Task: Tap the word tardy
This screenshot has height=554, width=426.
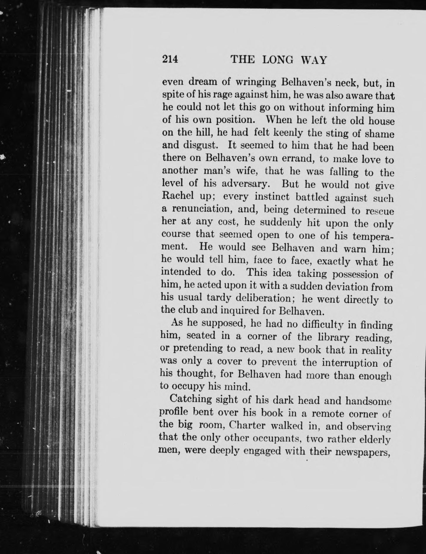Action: pos(217,298)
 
